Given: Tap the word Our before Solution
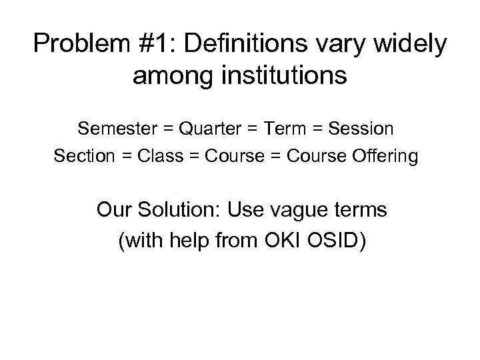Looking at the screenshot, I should (115, 211).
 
